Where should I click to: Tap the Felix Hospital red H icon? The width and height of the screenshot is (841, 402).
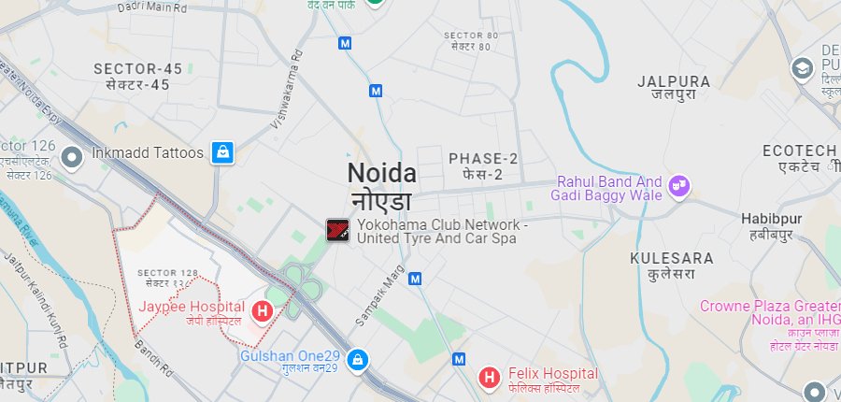[x=488, y=378]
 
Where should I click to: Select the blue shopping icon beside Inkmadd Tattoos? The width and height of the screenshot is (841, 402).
[x=221, y=151]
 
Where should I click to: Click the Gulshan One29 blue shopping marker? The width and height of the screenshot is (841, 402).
[x=356, y=359]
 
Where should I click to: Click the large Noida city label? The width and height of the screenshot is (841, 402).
[x=382, y=174]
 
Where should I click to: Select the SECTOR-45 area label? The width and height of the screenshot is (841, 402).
[x=132, y=68]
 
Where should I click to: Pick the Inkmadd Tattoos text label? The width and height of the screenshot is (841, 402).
[x=148, y=152]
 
